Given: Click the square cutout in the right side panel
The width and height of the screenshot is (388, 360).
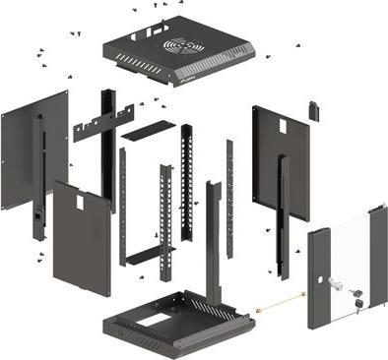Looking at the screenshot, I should [279, 126].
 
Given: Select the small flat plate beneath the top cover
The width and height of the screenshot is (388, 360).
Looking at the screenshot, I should [148, 129].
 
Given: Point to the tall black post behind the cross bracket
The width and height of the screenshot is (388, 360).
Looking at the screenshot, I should [107, 148].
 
